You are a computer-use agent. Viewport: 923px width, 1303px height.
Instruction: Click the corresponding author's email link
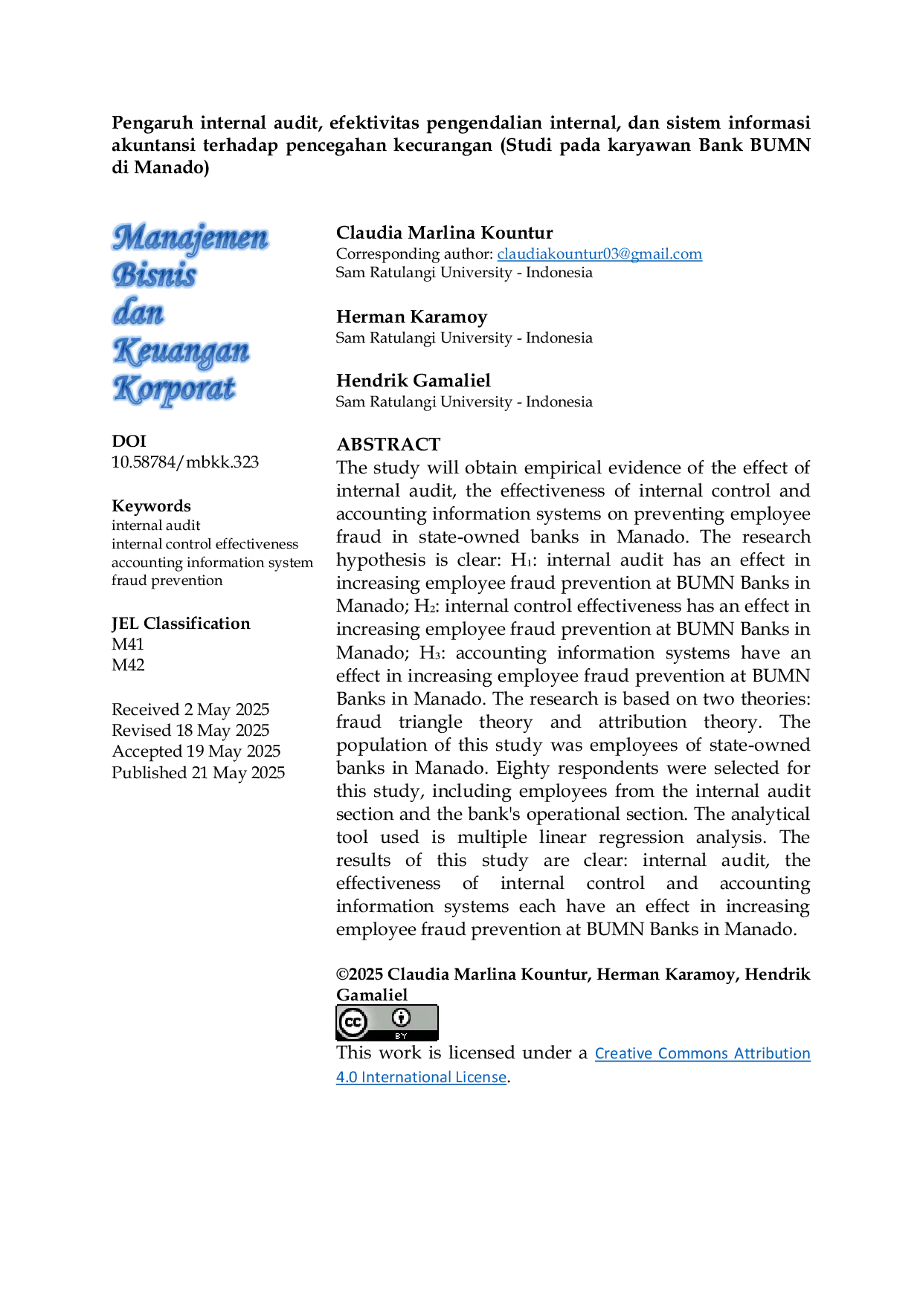coord(599,254)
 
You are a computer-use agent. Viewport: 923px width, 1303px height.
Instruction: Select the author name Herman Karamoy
coord(411,317)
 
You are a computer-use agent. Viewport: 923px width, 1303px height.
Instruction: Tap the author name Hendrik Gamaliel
coord(414,381)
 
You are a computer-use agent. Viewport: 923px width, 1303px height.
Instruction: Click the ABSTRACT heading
coord(388,444)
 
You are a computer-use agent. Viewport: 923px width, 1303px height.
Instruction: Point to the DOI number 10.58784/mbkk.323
coord(185,462)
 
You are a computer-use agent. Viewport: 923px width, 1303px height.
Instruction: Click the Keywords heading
coord(151,506)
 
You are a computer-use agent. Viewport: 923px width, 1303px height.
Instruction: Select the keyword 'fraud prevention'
coord(167,581)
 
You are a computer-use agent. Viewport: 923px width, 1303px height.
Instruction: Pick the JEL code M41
coord(128,644)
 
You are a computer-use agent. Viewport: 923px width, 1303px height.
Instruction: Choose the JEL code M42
coord(128,665)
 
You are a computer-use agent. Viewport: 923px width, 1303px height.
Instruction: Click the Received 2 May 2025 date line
coord(190,710)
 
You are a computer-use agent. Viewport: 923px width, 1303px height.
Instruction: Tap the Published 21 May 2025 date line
coord(199,773)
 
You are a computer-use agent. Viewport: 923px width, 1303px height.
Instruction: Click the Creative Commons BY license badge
coord(387,1023)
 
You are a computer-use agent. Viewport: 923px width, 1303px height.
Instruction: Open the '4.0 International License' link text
coord(421,1077)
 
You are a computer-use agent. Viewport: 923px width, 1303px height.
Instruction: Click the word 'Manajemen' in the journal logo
coord(190,238)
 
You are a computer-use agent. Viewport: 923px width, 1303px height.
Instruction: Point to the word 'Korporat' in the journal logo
coord(175,389)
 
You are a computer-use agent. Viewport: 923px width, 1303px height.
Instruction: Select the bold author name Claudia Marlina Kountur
coord(445,233)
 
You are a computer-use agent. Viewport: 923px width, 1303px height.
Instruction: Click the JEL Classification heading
coord(181,624)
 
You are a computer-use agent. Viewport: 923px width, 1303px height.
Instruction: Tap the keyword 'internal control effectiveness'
coord(205,544)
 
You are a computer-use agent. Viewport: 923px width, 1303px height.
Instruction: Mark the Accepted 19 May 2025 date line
coord(196,751)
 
